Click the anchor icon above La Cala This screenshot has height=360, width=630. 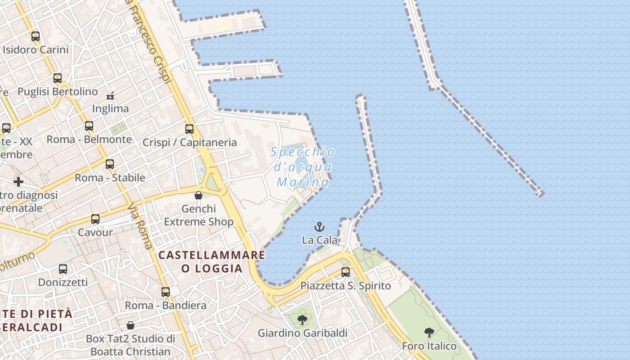[x=319, y=226]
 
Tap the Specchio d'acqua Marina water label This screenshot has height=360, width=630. [x=303, y=167]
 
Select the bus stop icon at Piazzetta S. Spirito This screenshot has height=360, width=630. [x=345, y=272]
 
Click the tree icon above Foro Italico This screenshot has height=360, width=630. [x=429, y=333]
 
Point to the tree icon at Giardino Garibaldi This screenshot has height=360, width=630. [x=302, y=320]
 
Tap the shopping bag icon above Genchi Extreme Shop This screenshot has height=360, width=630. [x=198, y=195]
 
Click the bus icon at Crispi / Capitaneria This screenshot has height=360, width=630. [x=189, y=129]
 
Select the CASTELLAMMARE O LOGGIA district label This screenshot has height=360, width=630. [x=211, y=261]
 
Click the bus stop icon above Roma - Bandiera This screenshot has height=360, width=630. [x=166, y=292]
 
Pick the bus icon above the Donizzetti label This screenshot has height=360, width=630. [x=63, y=269]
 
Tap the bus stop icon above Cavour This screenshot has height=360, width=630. [x=95, y=219]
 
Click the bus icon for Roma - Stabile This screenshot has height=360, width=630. [x=110, y=164]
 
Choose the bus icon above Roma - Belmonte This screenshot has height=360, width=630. [x=89, y=126]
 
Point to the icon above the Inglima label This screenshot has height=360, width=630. [x=110, y=96]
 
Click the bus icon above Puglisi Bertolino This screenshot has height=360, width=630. [x=58, y=78]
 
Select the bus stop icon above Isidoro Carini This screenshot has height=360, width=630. [x=36, y=36]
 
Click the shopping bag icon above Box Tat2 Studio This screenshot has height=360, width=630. [x=130, y=325]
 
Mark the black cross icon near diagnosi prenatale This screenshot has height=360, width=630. [x=18, y=182]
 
